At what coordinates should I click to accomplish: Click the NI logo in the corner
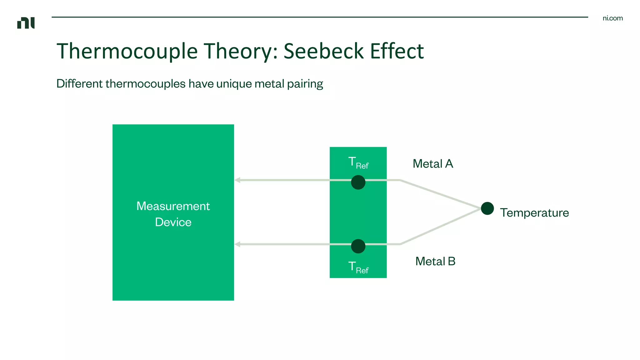(x=26, y=23)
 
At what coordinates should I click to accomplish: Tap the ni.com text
(x=612, y=18)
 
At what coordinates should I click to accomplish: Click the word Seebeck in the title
(x=323, y=51)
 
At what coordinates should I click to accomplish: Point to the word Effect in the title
(x=397, y=51)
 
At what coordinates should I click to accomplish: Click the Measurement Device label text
(x=173, y=214)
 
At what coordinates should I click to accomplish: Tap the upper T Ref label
(x=358, y=163)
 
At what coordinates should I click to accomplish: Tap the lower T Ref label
(x=358, y=267)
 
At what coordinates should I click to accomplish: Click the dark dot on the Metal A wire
(x=358, y=182)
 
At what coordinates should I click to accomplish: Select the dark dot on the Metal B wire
(x=358, y=246)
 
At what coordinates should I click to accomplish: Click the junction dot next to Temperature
(x=487, y=208)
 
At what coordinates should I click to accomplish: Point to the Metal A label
(x=433, y=164)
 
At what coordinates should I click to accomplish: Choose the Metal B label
(x=435, y=261)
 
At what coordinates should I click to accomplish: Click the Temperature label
(x=534, y=213)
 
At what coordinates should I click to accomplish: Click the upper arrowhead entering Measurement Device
(x=237, y=180)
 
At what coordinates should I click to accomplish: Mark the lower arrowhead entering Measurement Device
(x=237, y=244)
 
